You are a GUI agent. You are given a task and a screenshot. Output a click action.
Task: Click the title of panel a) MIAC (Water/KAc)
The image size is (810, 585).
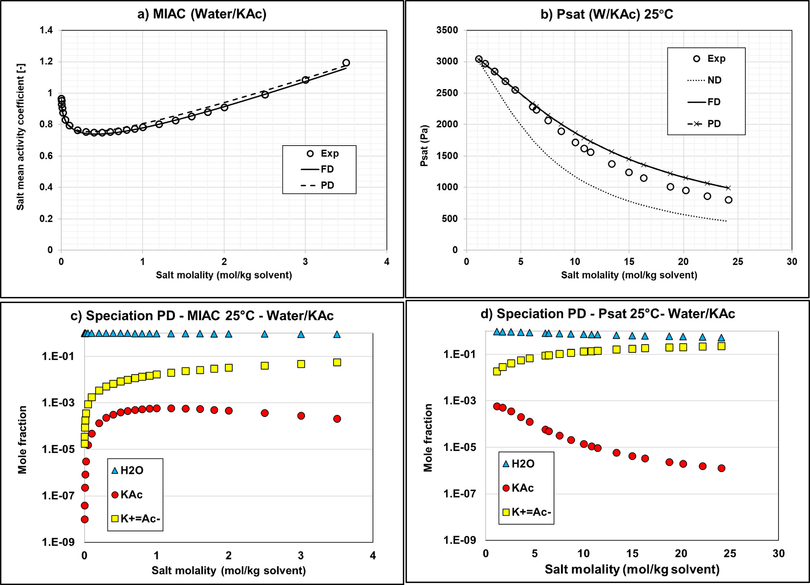[202, 14]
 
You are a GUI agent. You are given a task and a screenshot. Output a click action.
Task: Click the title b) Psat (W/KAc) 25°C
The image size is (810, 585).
[607, 14]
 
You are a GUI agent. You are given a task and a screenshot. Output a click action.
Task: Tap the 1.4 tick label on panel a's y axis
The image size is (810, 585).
[46, 30]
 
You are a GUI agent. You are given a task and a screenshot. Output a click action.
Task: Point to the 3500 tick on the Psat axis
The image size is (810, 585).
[447, 30]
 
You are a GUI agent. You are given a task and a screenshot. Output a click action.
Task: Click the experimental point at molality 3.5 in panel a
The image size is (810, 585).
[346, 63]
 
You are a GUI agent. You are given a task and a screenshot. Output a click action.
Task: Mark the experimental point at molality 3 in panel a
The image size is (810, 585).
[305, 80]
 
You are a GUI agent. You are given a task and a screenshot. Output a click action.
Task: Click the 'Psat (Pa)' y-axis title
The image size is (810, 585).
[424, 146]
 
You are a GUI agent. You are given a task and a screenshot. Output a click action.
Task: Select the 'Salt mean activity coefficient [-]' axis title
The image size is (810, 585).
[20, 137]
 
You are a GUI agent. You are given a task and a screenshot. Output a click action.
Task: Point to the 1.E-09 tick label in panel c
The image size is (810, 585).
[58, 542]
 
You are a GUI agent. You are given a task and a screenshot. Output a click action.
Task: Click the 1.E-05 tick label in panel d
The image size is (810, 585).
[460, 447]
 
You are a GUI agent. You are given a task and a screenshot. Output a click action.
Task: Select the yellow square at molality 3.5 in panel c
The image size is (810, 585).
[337, 362]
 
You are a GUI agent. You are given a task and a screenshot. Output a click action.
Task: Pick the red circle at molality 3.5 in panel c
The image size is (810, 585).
[337, 419]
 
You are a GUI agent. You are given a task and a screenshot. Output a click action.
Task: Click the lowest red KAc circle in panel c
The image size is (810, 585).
[85, 519]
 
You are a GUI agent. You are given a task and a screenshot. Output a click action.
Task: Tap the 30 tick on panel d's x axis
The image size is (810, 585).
[778, 553]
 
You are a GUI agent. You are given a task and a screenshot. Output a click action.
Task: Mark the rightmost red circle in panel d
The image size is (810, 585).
[721, 468]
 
